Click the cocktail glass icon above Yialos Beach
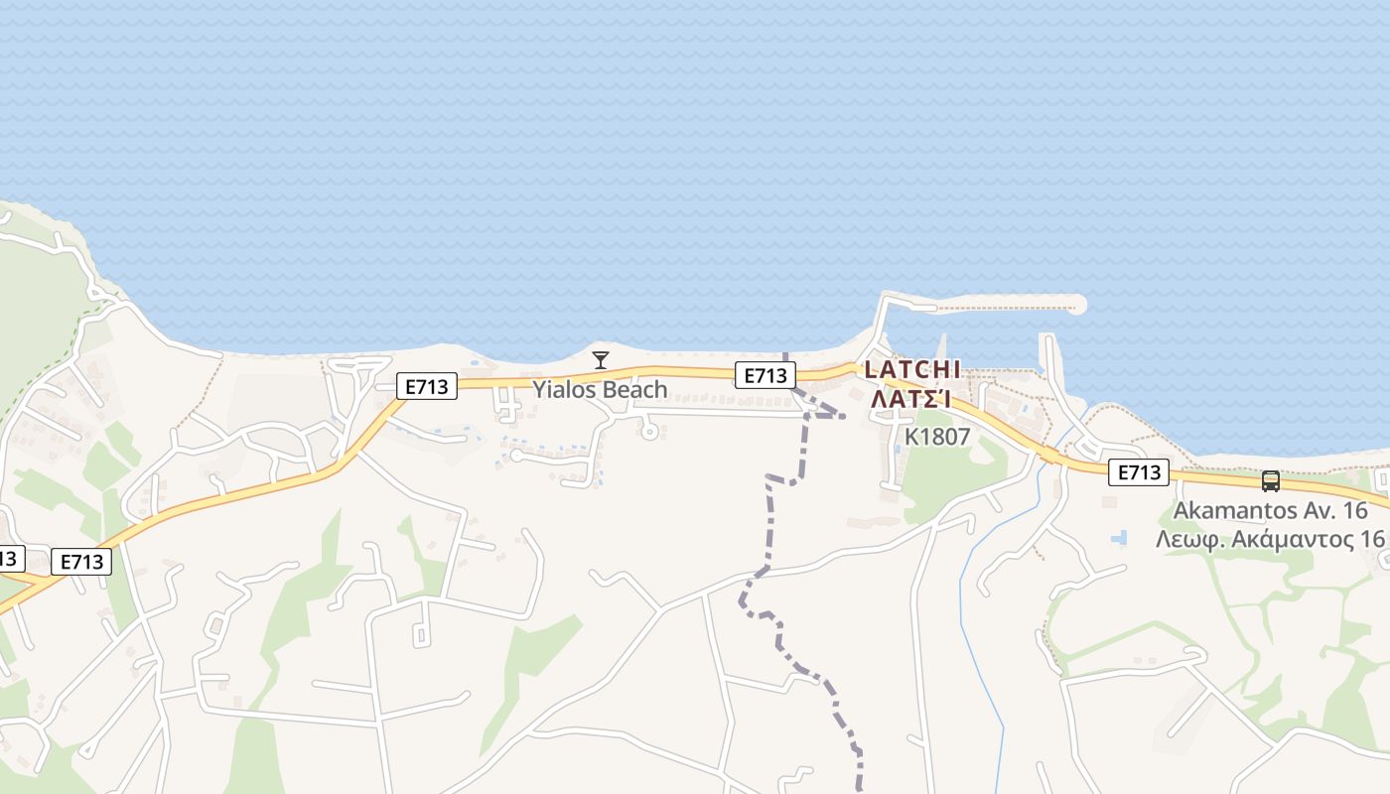pyautogui.click(x=600, y=359)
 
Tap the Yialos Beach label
pyautogui.click(x=600, y=389)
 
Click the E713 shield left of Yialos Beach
pyautogui.click(x=427, y=386)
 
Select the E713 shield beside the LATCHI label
pyautogui.click(x=764, y=374)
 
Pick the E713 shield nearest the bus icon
pyautogui.click(x=1138, y=472)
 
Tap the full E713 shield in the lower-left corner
pyautogui.click(x=81, y=562)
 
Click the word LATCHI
pyautogui.click(x=912, y=369)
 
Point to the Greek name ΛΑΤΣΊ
pyautogui.click(x=912, y=399)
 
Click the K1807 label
pyautogui.click(x=936, y=436)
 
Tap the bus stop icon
pyautogui.click(x=1270, y=481)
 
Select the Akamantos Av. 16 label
pyautogui.click(x=1270, y=511)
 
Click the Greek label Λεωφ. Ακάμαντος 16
pyautogui.click(x=1270, y=539)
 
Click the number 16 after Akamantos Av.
pyautogui.click(x=1353, y=511)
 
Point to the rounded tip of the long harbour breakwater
pyautogui.click(x=1079, y=305)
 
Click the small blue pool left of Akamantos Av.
pyautogui.click(x=1120, y=537)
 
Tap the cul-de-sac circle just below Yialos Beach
pyautogui.click(x=649, y=431)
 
